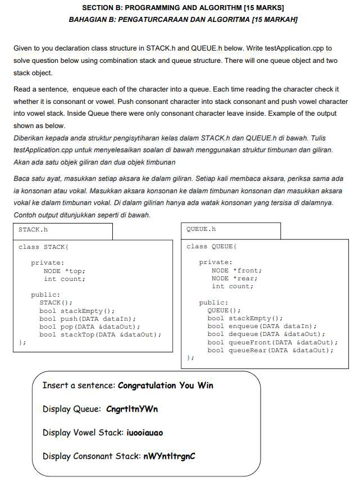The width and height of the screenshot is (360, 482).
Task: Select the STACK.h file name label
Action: (33, 229)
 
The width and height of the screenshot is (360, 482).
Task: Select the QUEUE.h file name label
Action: (201, 229)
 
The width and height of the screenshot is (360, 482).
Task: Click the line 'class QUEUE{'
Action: (211, 247)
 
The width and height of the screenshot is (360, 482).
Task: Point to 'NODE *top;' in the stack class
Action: (65, 271)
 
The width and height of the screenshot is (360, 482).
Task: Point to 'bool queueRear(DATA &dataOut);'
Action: (270, 350)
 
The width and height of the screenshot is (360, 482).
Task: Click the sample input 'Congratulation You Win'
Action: (166, 385)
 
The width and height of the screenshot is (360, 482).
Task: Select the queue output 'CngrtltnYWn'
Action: (132, 409)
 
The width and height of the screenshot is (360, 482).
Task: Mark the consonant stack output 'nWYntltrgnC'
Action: (169, 456)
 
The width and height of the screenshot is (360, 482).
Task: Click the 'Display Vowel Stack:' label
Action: (82, 433)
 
